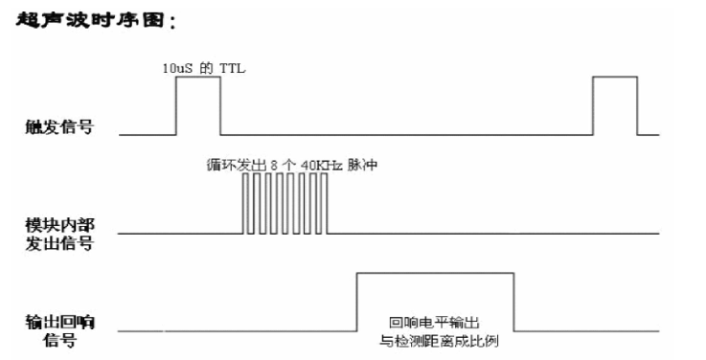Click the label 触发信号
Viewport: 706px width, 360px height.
pos(59,126)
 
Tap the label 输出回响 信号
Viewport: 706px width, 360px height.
pos(59,330)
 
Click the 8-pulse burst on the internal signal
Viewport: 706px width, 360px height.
pos(285,204)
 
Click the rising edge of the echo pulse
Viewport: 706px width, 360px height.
pos(356,303)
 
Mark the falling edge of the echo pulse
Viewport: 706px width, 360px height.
pos(513,303)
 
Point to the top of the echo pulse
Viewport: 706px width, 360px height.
pos(435,274)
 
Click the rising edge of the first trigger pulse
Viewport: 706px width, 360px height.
pos(175,105)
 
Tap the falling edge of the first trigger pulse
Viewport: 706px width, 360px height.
pos(221,105)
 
